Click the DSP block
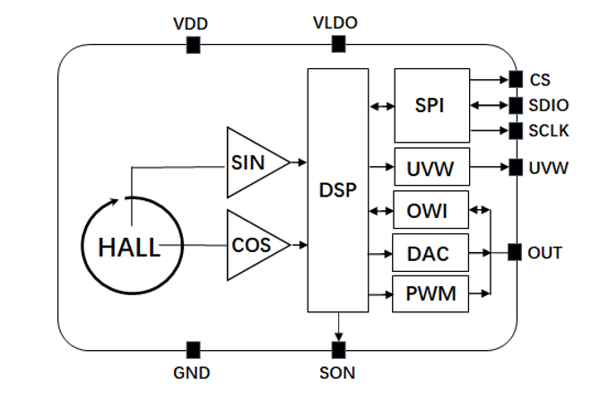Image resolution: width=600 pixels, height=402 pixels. (x=338, y=190)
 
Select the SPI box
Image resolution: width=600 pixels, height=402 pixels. (x=430, y=105)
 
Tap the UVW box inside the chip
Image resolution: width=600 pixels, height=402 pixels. (x=430, y=168)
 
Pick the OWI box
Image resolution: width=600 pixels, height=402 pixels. (x=430, y=212)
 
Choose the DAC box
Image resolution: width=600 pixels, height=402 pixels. (x=430, y=254)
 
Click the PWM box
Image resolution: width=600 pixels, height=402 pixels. (x=430, y=293)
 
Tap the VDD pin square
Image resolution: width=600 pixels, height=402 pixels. (x=192, y=45)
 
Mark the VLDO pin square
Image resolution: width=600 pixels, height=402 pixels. (x=338, y=45)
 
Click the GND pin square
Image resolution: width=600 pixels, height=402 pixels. (x=192, y=349)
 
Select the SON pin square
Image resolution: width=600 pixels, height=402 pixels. (x=338, y=349)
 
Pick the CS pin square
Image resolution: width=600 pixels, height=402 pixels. (x=515, y=79)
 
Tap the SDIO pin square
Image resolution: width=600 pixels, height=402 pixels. (x=515, y=105)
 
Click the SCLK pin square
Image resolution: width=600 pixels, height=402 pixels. (x=515, y=131)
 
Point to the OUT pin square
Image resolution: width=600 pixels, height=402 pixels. (x=515, y=252)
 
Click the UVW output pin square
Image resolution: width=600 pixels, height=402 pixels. (x=515, y=167)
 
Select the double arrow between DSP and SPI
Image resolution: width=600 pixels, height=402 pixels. (x=381, y=106)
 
